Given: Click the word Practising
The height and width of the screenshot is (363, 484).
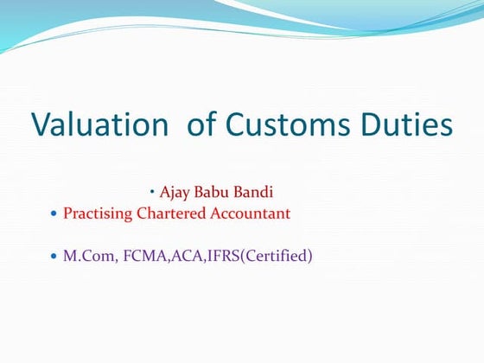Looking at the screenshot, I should pyautogui.click(x=99, y=213).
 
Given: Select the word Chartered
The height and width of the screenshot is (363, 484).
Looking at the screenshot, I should pyautogui.click(x=172, y=213).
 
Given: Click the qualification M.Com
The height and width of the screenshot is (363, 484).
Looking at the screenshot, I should pyautogui.click(x=86, y=257).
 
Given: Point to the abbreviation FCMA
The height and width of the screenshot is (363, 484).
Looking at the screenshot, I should pyautogui.click(x=138, y=257).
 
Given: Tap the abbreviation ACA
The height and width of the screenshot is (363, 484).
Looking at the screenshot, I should pyautogui.click(x=181, y=257).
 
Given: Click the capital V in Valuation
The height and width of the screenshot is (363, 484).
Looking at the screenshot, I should pyautogui.click(x=41, y=124).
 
